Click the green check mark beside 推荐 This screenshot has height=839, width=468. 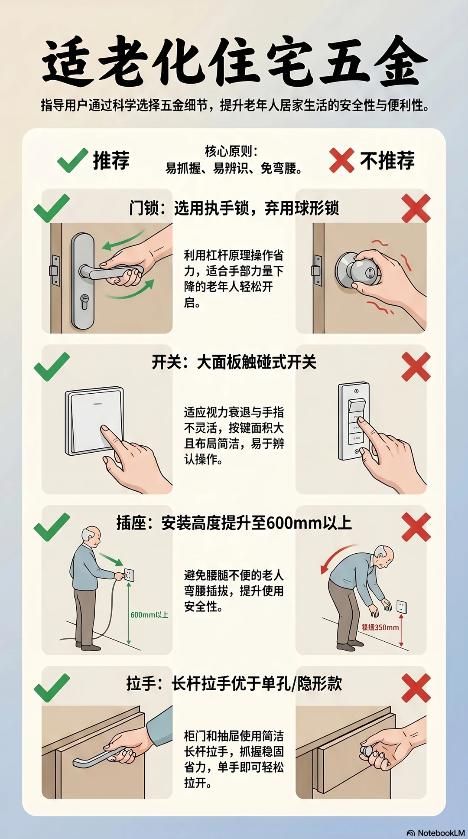[72, 160]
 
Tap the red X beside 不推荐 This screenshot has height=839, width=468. [341, 160]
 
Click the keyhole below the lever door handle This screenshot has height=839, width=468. [84, 302]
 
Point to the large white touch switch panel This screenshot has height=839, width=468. [94, 421]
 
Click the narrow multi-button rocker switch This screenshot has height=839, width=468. [354, 421]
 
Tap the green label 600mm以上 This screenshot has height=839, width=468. [149, 615]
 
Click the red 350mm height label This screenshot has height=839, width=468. [380, 627]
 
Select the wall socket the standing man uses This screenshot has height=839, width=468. [129, 575]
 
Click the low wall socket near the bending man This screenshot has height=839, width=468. [402, 607]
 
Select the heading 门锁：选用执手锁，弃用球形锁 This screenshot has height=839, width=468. [234, 208]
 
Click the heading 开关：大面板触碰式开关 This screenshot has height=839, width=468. [234, 362]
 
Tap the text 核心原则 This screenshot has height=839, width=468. [231, 151]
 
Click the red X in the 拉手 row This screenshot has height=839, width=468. [416, 688]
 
